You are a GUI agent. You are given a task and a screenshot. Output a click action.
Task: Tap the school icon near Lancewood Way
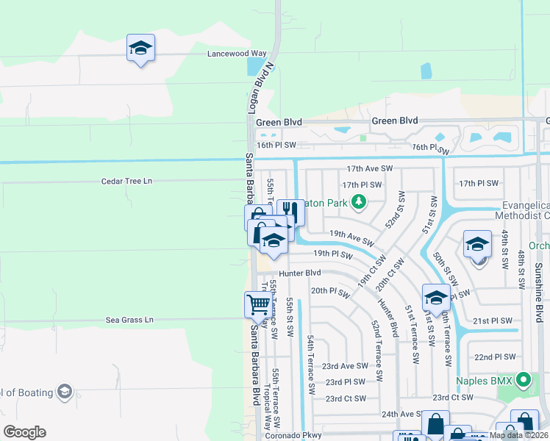[x=140, y=49]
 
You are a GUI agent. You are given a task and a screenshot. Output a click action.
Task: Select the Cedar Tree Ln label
[x=126, y=181]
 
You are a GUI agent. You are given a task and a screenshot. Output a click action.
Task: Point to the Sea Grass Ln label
[x=129, y=320]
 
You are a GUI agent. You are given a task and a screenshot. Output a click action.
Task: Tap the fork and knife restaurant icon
[x=290, y=212]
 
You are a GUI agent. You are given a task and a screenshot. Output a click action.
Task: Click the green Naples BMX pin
[x=523, y=380]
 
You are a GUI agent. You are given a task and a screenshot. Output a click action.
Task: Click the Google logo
[x=24, y=432]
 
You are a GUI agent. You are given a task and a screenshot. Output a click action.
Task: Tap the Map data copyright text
[x=518, y=435]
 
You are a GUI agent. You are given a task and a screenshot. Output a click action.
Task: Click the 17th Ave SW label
[x=370, y=168]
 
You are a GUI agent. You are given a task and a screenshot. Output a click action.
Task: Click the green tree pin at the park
[x=359, y=201]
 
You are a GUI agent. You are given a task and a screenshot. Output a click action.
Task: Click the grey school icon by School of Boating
[x=64, y=391]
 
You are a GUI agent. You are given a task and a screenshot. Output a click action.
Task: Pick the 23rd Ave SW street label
[x=344, y=365]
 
